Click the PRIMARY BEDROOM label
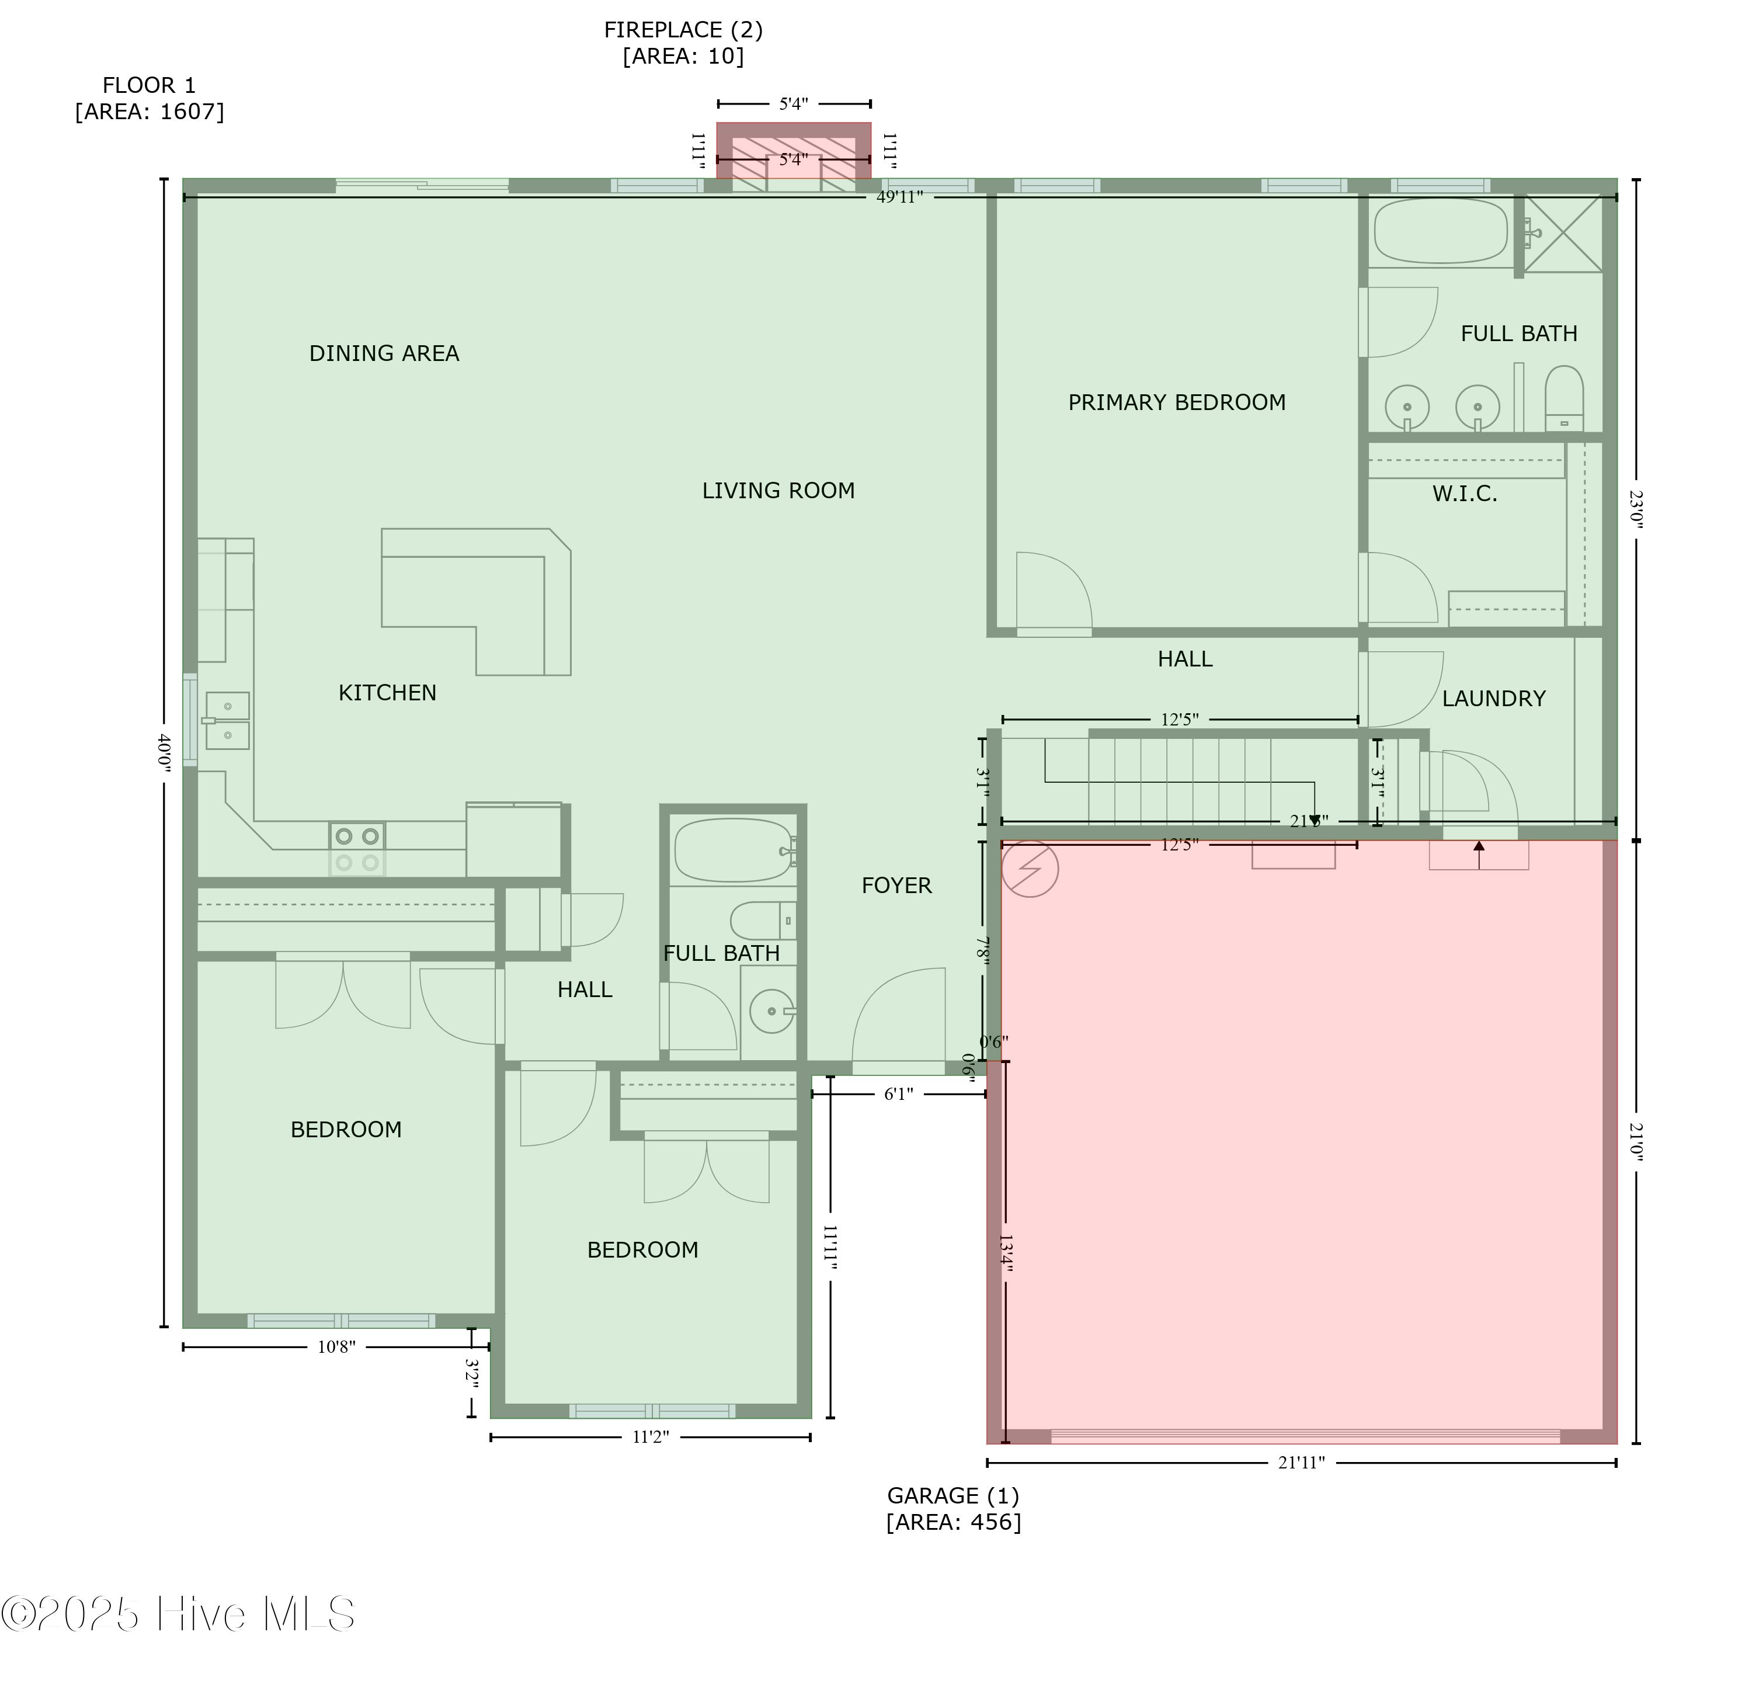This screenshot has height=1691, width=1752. (x=1176, y=402)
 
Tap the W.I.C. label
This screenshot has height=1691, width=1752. (x=1464, y=494)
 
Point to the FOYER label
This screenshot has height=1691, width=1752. (x=896, y=886)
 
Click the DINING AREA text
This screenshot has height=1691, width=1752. (x=384, y=353)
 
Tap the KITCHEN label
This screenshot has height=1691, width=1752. (x=387, y=693)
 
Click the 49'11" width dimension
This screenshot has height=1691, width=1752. (x=898, y=197)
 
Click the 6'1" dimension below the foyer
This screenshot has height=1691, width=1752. (x=898, y=1093)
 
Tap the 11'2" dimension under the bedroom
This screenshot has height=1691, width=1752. (x=650, y=1437)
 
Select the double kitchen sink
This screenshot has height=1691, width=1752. (x=227, y=720)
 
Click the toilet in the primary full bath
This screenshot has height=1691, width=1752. (x=1563, y=399)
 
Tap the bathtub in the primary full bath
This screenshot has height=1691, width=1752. (x=1440, y=231)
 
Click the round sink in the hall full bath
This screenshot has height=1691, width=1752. (x=770, y=1011)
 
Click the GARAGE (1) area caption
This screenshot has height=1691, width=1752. (x=953, y=1509)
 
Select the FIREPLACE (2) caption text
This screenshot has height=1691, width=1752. (x=683, y=43)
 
